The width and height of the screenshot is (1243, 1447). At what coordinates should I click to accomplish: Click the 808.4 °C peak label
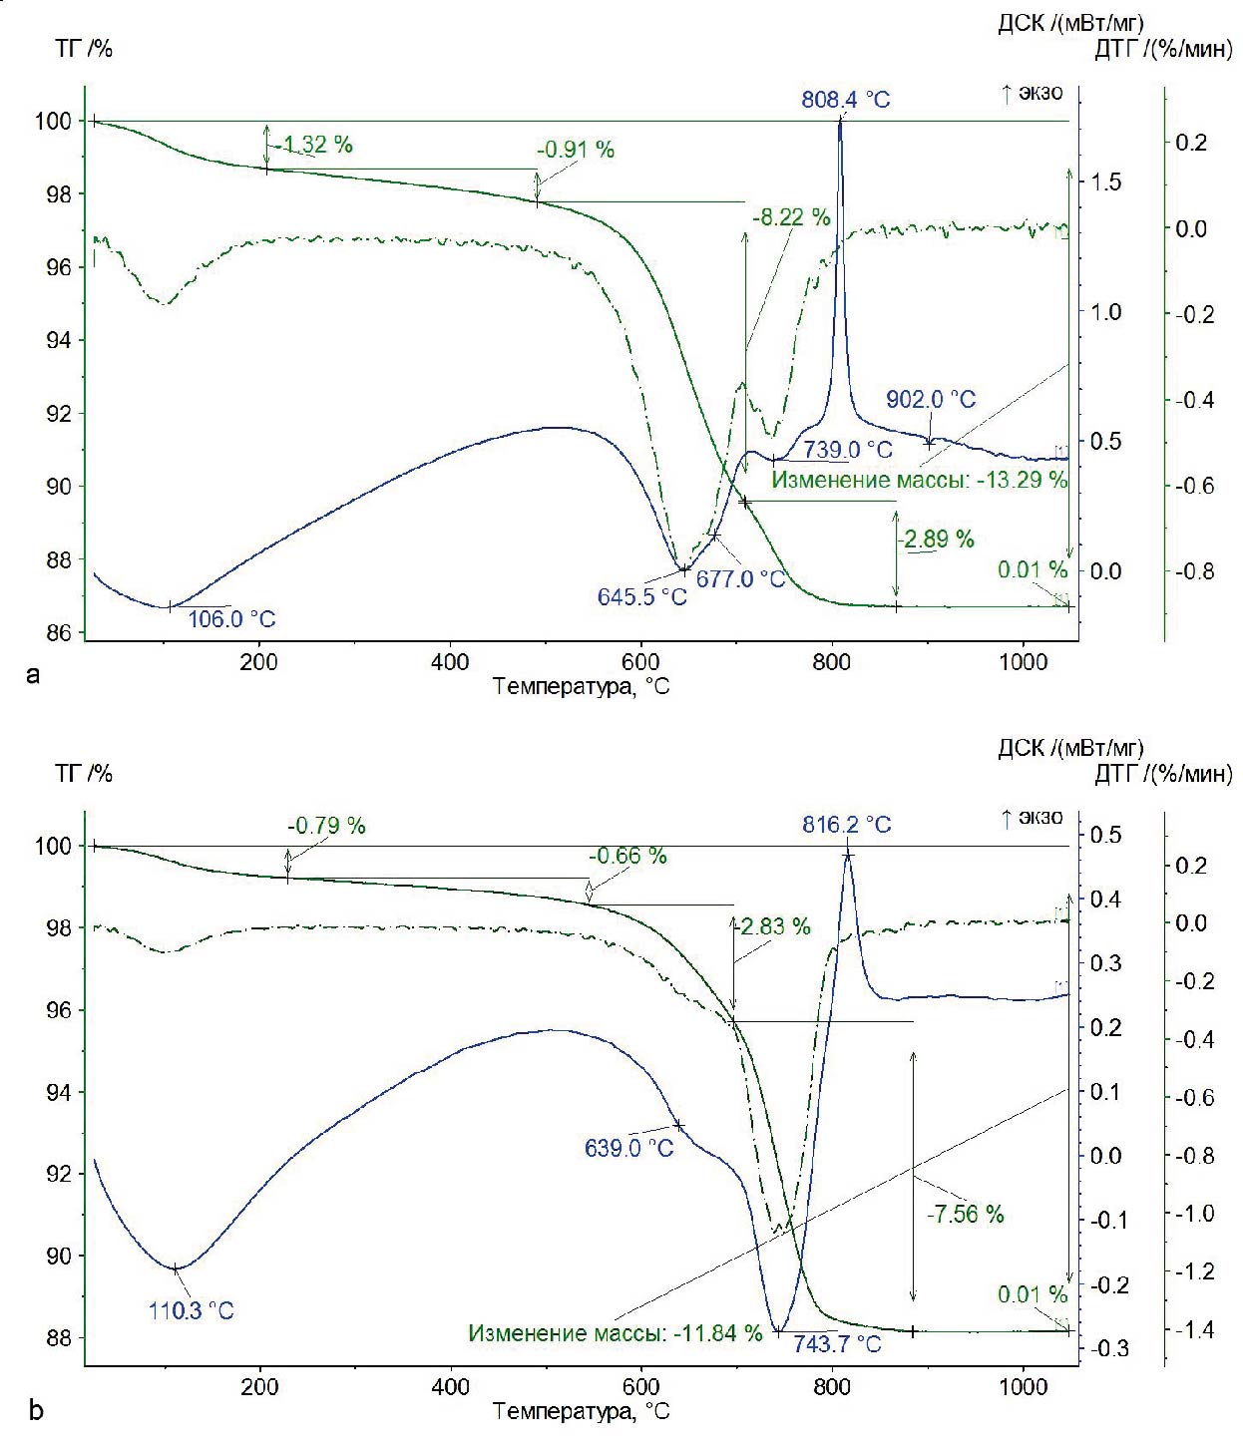[x=846, y=100]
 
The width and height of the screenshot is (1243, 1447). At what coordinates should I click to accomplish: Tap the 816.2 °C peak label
[x=847, y=825]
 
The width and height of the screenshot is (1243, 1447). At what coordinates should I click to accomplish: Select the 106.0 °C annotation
[x=231, y=619]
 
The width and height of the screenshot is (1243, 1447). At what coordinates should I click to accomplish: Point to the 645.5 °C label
[x=642, y=597]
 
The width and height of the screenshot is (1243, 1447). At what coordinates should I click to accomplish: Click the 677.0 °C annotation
[x=740, y=578]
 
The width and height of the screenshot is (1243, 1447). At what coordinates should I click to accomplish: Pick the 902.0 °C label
[x=931, y=399]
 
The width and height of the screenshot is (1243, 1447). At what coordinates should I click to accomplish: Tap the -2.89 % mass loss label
[x=936, y=540]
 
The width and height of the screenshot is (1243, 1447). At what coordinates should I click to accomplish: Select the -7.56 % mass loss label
[x=965, y=1215]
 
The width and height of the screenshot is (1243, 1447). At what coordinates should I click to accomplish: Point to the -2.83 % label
[x=772, y=926]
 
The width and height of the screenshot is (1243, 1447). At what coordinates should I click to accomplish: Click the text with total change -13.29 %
[x=920, y=480]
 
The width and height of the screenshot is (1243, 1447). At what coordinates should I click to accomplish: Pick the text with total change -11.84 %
[x=616, y=1333]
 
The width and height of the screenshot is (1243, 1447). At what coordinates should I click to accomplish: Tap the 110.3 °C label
[x=192, y=1310]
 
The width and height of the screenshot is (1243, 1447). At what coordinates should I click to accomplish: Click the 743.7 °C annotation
[x=837, y=1344]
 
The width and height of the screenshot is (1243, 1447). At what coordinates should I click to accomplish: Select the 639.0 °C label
[x=629, y=1148]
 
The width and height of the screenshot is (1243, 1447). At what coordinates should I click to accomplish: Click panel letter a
[x=35, y=676]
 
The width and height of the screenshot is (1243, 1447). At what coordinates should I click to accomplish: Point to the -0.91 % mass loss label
[x=576, y=151]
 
